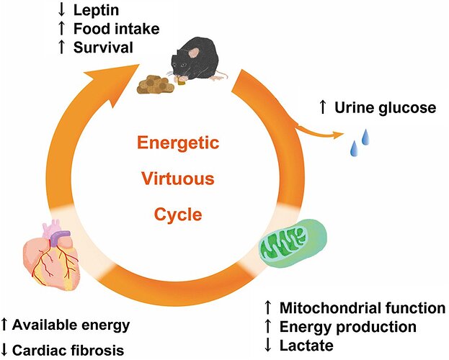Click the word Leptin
[96, 10]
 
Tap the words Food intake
[117, 29]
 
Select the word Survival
[103, 48]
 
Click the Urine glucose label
[386, 108]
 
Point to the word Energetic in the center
[178, 143]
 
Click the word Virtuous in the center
[178, 179]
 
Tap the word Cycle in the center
[178, 215]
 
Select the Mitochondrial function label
[363, 308]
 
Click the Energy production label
[348, 327]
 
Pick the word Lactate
[306, 346]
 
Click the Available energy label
[71, 325]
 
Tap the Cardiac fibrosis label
[68, 350]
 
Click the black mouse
[197, 59]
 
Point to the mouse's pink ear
[195, 53]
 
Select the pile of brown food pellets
[156, 84]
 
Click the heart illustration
[52, 255]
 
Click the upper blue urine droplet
[365, 137]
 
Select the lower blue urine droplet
[355, 148]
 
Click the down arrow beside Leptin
[61, 9]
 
